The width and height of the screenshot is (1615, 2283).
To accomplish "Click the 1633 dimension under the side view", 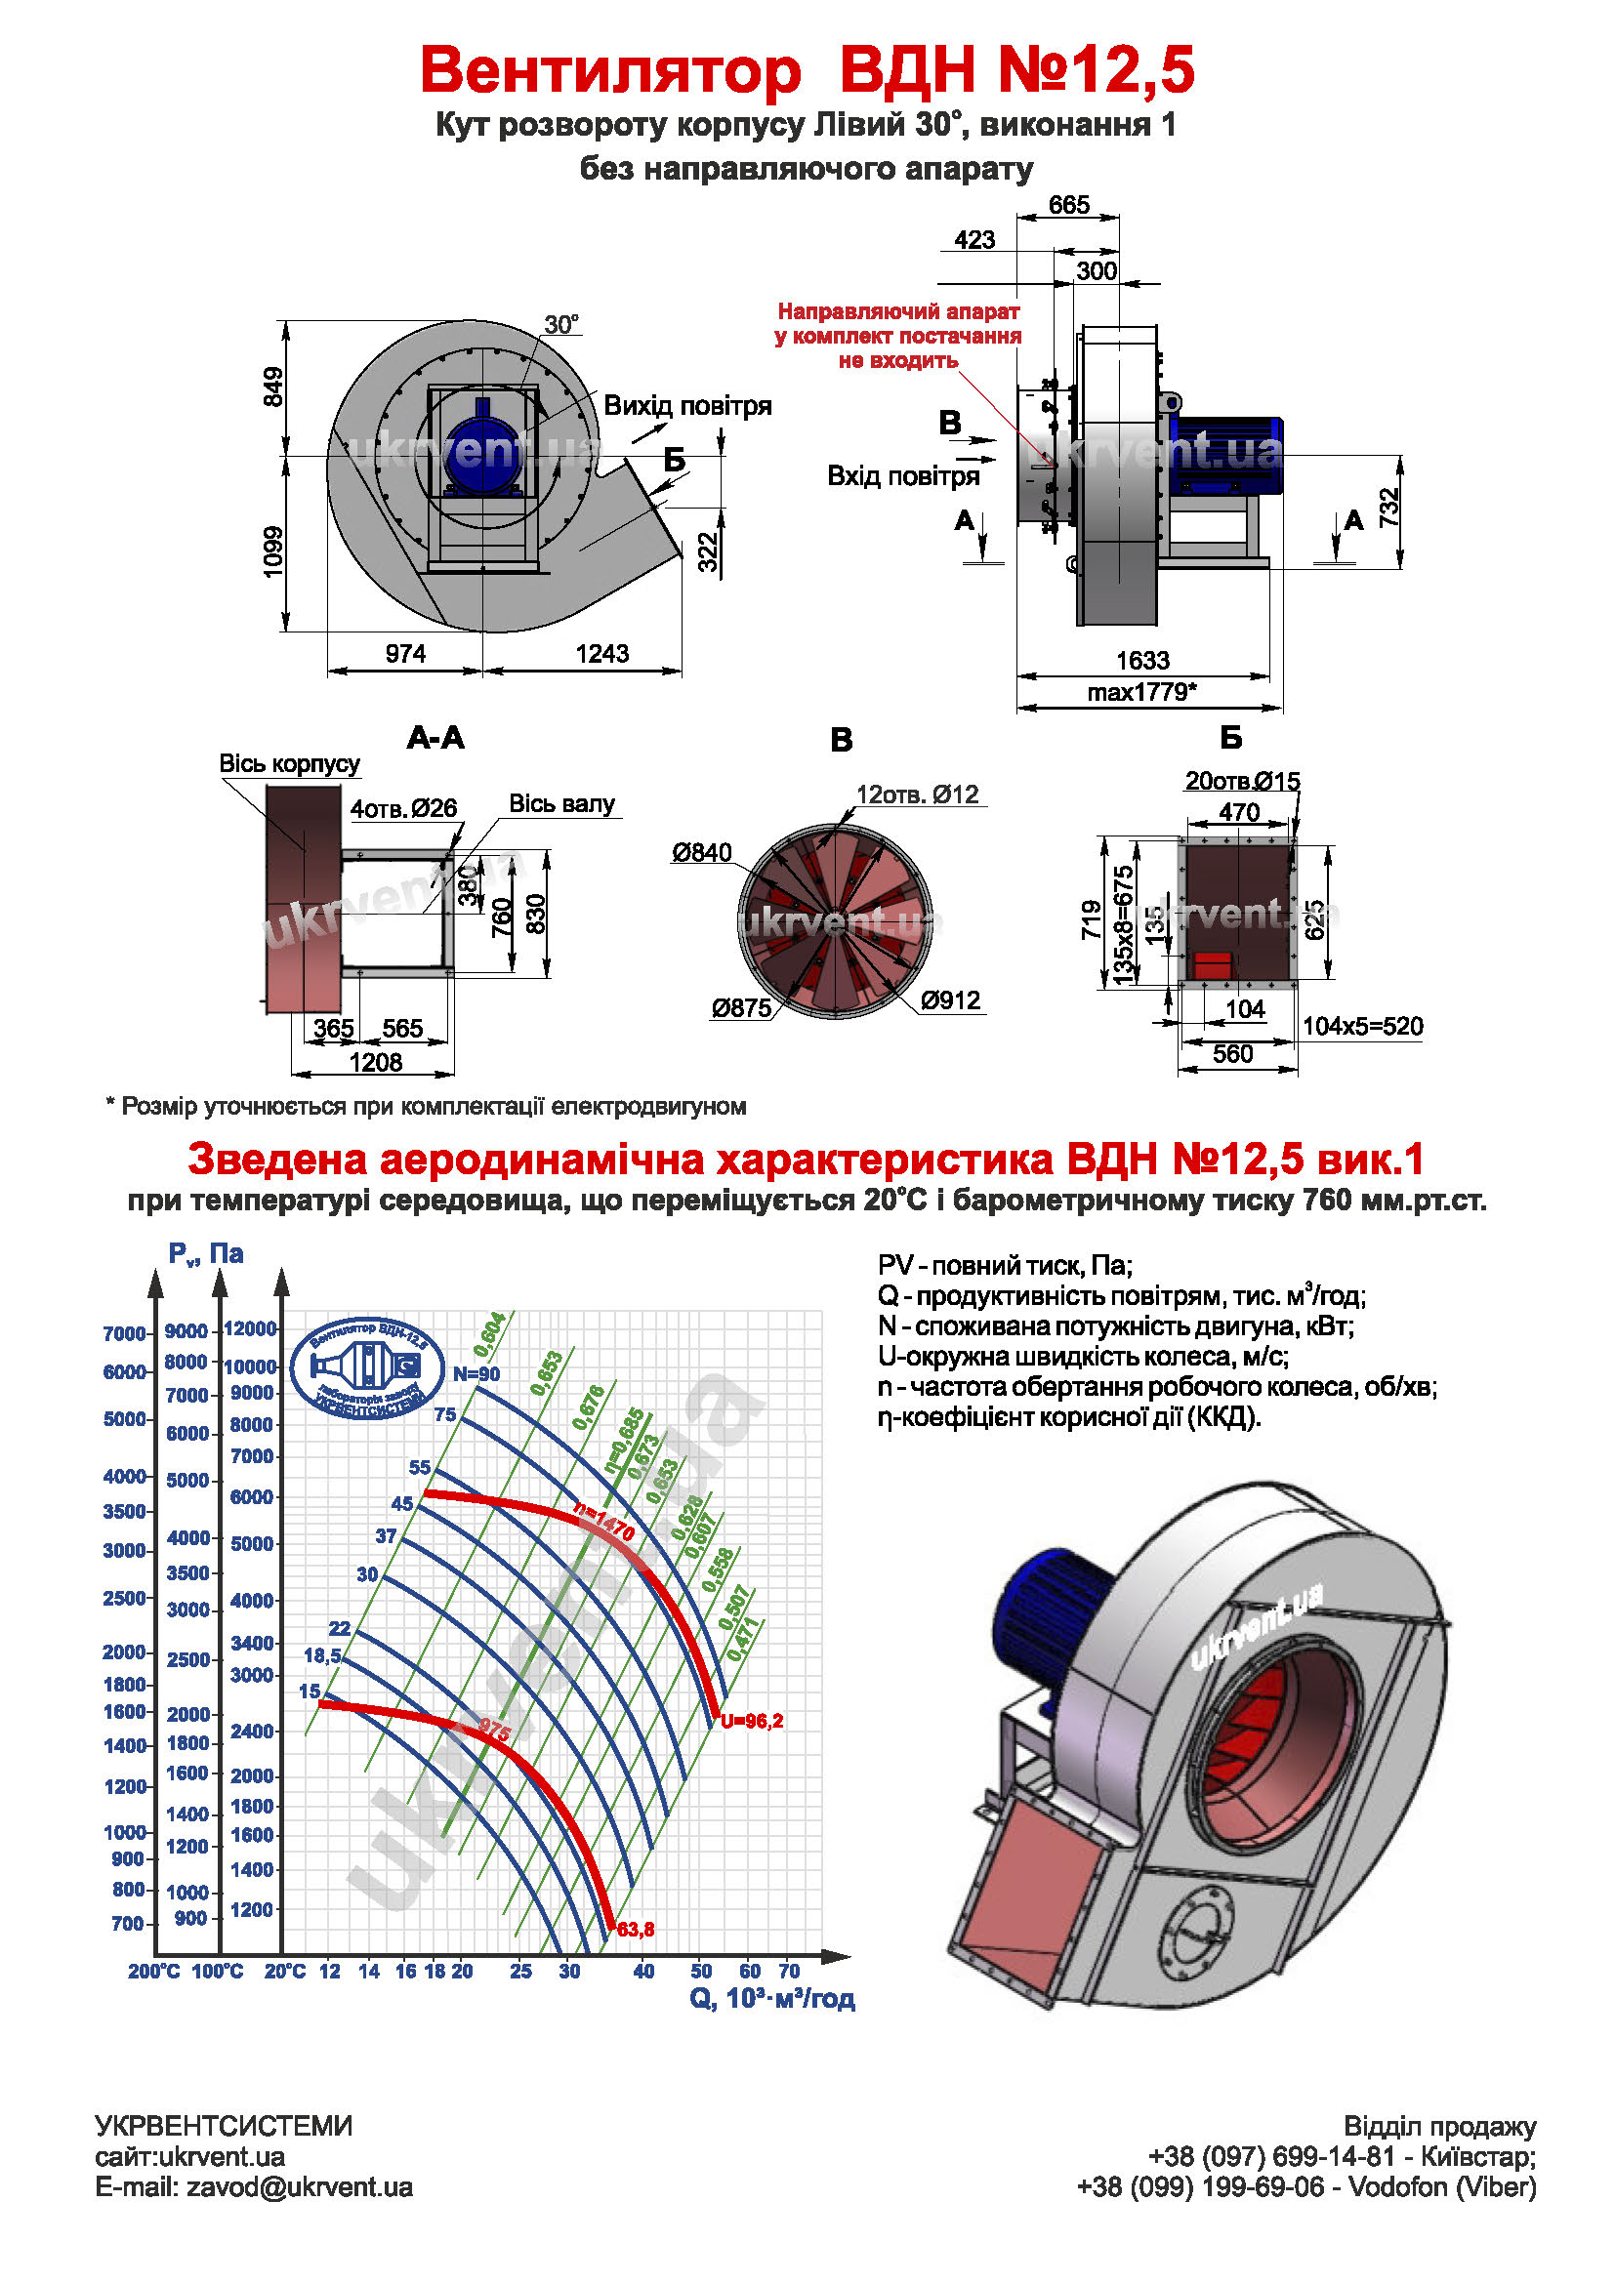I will click(1142, 660).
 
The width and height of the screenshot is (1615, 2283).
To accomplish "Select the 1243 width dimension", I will click(601, 653).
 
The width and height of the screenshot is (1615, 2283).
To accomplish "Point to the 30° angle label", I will click(560, 325).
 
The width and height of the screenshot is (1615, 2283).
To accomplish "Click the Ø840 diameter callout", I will click(702, 852).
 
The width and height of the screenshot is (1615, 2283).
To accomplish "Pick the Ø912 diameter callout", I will click(951, 1000).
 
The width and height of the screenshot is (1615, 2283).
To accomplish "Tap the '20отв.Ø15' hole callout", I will click(1242, 782).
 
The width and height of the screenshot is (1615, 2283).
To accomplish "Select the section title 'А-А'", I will click(435, 738).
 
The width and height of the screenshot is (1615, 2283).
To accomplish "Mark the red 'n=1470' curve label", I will click(603, 1522).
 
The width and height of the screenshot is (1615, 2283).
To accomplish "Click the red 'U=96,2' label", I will click(752, 1721).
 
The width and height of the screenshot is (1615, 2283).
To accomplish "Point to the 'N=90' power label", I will click(476, 1374).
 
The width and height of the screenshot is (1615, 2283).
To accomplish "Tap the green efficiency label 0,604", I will click(489, 1334).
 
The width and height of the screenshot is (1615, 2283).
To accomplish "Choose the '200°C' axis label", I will click(153, 1971).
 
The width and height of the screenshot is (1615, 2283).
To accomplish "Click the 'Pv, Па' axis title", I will click(206, 1254).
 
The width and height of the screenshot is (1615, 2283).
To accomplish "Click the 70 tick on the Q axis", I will click(789, 1971).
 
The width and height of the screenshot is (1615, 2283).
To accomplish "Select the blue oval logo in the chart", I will click(367, 1369).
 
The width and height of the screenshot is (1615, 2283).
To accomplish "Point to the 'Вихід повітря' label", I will click(687, 406).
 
